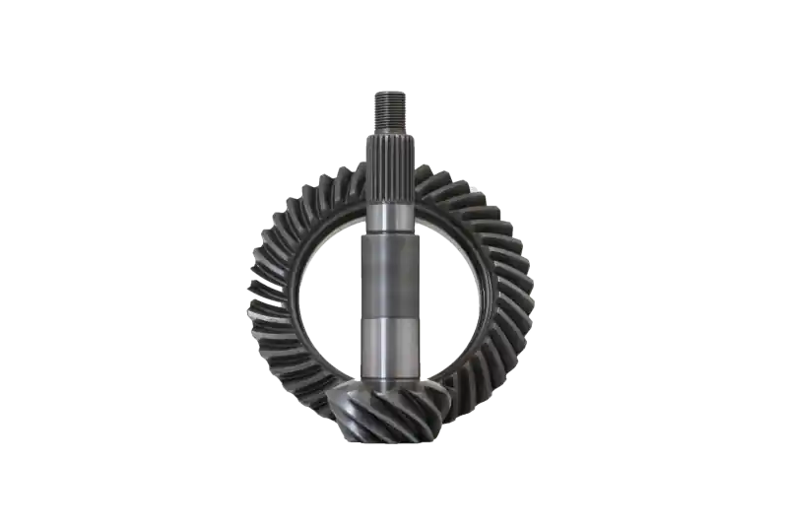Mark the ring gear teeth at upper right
pos(483,202)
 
